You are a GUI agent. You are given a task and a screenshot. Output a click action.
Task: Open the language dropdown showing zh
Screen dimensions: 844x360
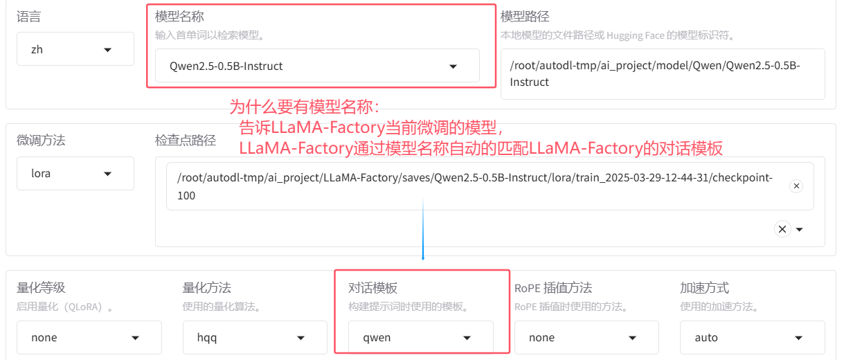75,50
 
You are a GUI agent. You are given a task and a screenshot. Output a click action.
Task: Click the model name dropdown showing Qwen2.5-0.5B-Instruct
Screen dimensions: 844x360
316,66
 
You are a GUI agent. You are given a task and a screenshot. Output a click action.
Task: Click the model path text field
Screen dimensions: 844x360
662,74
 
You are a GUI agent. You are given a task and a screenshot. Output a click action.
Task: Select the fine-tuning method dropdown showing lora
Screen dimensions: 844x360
75,174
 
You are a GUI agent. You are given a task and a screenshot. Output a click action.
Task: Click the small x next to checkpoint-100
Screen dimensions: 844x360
796,186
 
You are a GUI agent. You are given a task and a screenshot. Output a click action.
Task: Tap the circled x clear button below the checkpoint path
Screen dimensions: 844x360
782,229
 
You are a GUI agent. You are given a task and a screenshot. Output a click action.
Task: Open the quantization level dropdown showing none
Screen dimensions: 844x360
89,338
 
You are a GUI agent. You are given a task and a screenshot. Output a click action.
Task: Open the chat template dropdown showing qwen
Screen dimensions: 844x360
420,338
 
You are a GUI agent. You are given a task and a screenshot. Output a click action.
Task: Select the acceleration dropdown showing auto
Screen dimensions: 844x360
752,338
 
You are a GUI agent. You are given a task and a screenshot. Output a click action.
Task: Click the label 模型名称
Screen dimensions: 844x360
179,17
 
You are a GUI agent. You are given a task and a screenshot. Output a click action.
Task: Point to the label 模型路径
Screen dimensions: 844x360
525,17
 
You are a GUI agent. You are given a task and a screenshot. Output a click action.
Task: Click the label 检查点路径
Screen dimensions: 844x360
186,141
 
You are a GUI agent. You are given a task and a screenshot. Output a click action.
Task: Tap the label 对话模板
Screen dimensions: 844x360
372,288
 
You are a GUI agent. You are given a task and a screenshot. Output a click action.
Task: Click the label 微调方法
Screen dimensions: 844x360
41,141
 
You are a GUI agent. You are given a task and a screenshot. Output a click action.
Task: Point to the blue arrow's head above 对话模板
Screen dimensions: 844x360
423,258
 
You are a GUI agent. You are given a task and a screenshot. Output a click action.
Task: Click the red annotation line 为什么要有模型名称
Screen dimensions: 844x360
305,107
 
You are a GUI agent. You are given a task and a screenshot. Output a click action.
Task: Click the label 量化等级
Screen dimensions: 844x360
41,288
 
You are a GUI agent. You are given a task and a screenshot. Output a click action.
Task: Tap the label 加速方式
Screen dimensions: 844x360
704,288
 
